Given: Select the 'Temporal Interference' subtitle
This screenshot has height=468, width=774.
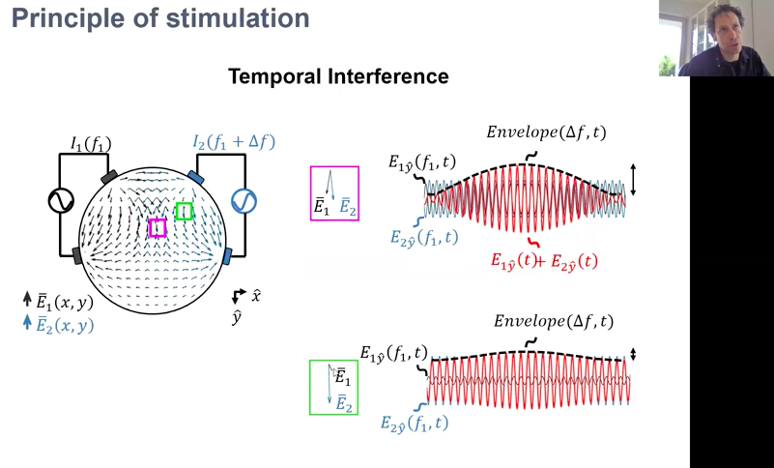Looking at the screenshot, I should (x=338, y=75).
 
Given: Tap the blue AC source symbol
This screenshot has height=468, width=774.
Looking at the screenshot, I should (x=244, y=200).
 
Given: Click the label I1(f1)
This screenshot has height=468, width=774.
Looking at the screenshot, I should (x=91, y=145).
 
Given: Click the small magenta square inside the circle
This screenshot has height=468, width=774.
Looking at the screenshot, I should (x=158, y=227).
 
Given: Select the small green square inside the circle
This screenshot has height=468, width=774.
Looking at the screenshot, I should (x=184, y=211).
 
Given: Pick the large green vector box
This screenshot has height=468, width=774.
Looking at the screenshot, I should (x=333, y=387).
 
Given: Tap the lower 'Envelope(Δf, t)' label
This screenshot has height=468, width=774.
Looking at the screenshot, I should (x=554, y=320).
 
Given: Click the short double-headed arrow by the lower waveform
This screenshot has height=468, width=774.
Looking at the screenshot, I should (x=633, y=355).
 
